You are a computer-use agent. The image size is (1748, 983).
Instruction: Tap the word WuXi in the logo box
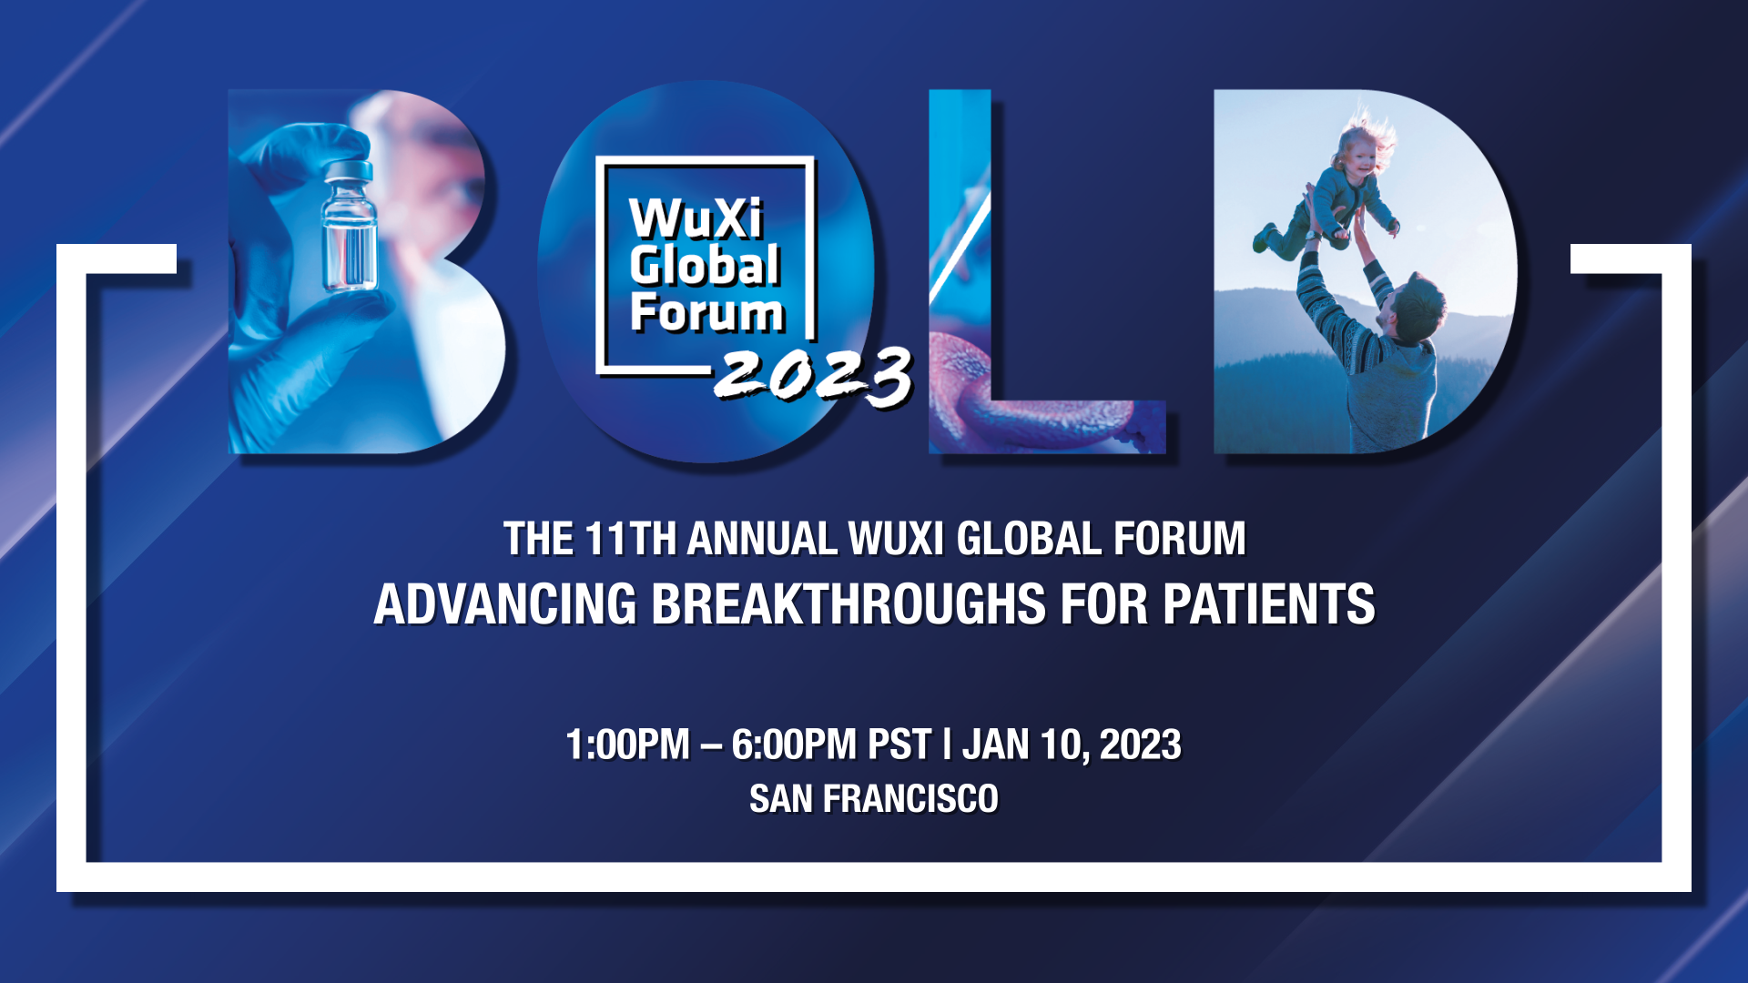696,218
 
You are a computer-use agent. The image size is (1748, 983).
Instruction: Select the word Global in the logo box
705,265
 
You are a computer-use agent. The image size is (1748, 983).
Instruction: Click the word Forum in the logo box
706,312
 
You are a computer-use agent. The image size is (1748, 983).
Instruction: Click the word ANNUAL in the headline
762,539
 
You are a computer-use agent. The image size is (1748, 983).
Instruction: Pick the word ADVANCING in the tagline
505,604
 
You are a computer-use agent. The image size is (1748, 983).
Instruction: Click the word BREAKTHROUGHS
849,604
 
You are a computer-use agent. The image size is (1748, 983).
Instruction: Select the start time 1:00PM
627,745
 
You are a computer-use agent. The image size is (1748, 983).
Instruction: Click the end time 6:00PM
795,745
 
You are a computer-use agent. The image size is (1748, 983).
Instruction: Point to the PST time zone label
899,745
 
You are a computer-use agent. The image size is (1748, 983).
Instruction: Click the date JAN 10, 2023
1072,745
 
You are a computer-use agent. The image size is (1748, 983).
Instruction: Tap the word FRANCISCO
910,799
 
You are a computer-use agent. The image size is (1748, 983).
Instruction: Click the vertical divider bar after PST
947,745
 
